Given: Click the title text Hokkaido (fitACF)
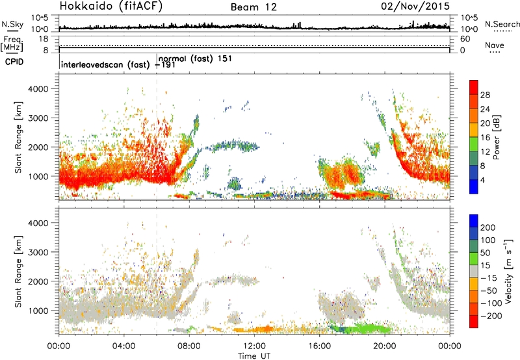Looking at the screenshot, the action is (x=111, y=6).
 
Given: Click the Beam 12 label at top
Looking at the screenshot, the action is (x=253, y=7).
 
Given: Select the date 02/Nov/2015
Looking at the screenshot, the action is (x=415, y=6).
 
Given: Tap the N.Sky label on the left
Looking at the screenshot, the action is (x=12, y=24).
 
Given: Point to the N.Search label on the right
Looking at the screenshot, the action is (x=502, y=24).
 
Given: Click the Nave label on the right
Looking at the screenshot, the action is (x=495, y=45).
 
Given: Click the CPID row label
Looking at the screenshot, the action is (x=14, y=62).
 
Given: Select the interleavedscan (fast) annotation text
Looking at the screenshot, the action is (x=105, y=64).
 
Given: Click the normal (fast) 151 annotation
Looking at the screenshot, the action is (x=195, y=58).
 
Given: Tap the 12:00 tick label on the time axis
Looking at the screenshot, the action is (x=254, y=346).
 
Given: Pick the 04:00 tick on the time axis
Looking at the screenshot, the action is (x=124, y=346).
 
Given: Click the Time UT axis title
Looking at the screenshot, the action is (x=254, y=355).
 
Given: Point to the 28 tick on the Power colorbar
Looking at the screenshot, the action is (x=485, y=95).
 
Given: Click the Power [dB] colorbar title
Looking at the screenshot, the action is (x=496, y=137).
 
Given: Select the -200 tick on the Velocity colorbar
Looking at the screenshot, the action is (x=491, y=316).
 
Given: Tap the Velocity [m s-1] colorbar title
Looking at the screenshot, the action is (x=508, y=271).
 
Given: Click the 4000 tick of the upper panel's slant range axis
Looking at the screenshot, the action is (x=38, y=89).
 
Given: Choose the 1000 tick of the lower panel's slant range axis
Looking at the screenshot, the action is (x=38, y=311).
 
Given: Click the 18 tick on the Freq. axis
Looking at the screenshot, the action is (x=44, y=39).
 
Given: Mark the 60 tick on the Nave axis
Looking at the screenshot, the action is (x=465, y=39).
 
